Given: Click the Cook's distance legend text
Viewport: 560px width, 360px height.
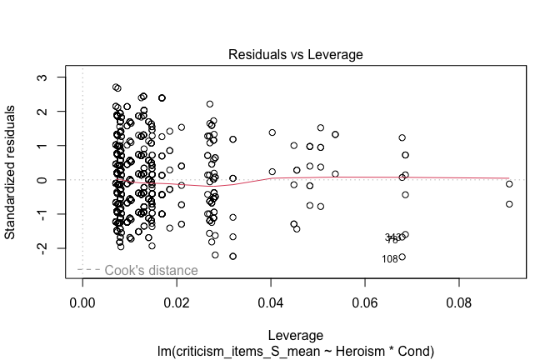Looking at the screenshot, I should (x=151, y=271).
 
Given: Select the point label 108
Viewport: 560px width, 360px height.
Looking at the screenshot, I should (x=390, y=259).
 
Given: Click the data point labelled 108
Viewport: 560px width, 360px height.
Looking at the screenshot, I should (x=402, y=257).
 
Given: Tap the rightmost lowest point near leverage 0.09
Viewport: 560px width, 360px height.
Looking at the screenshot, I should (x=509, y=204).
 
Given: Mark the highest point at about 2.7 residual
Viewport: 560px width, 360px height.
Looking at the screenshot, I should (x=116, y=87).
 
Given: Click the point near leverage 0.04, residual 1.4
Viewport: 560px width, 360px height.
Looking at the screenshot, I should (x=272, y=132).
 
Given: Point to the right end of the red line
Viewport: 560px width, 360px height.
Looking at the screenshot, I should (x=509, y=179).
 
